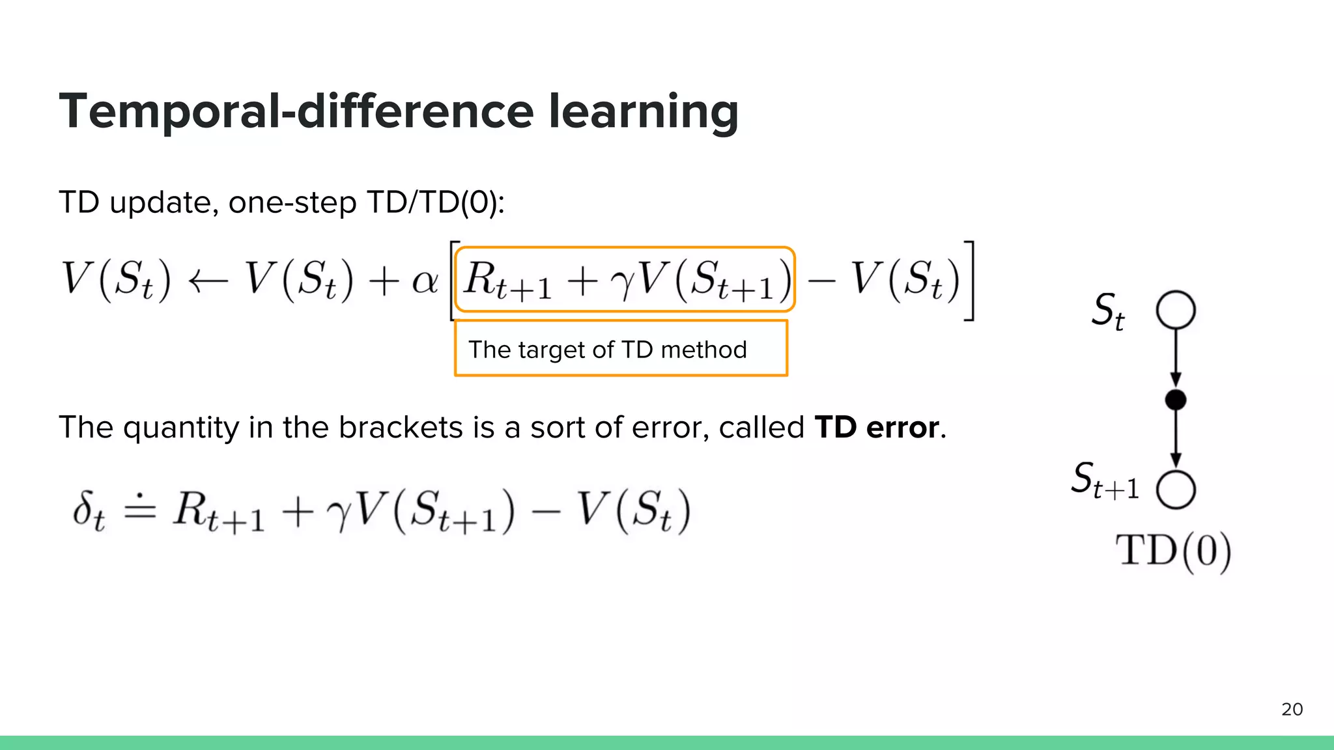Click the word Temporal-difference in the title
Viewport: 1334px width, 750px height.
[296, 111]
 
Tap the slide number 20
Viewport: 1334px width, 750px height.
[1292, 710]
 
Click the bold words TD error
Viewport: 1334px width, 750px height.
[877, 428]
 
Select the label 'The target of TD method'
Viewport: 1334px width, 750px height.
[608, 350]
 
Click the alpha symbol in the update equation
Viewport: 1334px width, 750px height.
[425, 281]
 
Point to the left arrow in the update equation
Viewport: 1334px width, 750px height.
[208, 281]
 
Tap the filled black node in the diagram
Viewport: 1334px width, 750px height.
[1176, 400]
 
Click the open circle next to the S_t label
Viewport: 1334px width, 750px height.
[1176, 310]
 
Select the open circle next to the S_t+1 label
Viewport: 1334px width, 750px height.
[1176, 489]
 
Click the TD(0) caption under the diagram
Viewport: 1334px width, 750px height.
[1173, 551]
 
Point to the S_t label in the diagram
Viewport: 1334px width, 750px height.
[1108, 311]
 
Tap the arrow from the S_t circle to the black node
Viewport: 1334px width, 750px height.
[1176, 358]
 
